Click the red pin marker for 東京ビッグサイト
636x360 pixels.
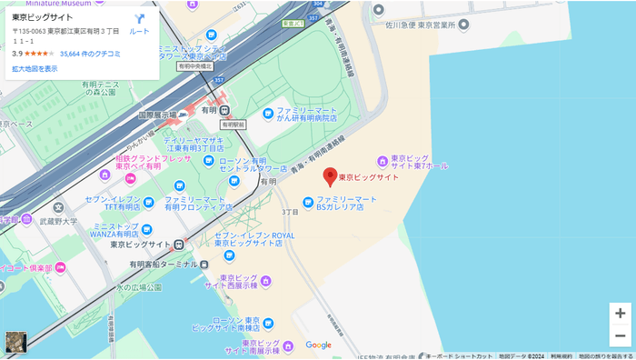(331, 177)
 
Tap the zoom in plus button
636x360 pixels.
(619, 313)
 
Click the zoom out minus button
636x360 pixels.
(619, 335)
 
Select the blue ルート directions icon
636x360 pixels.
(139, 19)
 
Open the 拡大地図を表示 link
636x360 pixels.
(35, 68)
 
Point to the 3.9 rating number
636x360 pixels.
(17, 54)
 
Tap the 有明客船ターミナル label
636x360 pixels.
(163, 264)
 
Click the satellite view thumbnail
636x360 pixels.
(16, 342)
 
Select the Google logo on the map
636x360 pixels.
(318, 345)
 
